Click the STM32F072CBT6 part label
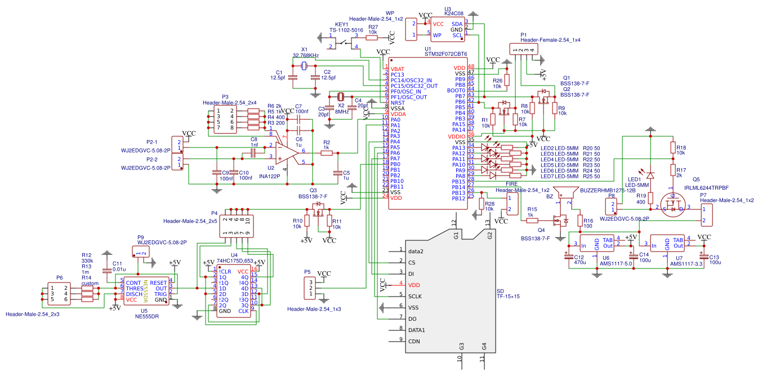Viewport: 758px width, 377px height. [445, 54]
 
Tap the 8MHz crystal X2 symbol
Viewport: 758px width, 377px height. [340, 97]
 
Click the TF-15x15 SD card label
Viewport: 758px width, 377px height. [507, 297]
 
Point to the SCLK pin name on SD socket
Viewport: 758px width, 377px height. [416, 296]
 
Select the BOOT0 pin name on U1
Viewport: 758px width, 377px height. [456, 90]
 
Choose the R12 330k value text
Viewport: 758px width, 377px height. [87, 261]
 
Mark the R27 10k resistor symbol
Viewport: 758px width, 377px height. [372, 39]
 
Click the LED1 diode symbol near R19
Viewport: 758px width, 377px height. [650, 175]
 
